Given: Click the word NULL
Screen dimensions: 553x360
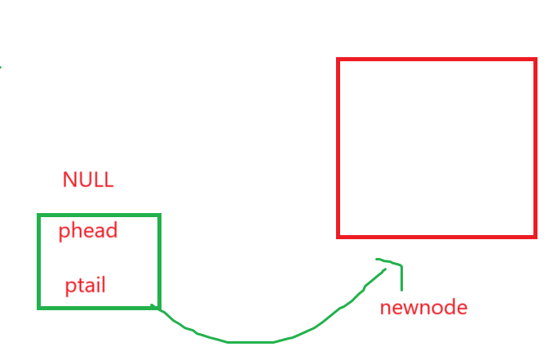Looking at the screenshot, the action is (88, 180).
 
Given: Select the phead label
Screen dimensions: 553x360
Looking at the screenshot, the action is (88, 231).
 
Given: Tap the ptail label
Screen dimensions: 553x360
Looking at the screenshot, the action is (86, 287).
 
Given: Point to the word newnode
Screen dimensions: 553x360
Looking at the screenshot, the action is (423, 308).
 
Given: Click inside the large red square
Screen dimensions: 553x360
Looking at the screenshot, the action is (436, 148).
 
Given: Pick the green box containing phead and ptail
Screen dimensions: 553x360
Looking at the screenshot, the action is (99, 261).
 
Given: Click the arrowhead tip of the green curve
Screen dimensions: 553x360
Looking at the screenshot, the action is (378, 260).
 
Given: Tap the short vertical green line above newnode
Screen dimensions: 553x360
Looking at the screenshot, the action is (401, 278).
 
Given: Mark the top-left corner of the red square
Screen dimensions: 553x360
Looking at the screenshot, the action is (338, 60).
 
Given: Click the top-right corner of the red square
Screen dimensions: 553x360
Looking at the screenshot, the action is (535, 60).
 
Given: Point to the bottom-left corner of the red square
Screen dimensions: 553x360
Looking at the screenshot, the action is (338, 236).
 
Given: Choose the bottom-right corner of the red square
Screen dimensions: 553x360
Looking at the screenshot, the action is (535, 236).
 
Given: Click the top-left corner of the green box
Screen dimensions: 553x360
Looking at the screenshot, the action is (39, 216).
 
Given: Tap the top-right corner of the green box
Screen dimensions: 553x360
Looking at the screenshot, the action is (159, 216).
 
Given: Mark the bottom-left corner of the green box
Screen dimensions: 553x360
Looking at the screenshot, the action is (39, 307).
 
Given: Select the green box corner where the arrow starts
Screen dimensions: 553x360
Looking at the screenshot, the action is (158, 307).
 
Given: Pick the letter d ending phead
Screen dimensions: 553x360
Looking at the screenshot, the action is (113, 230).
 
